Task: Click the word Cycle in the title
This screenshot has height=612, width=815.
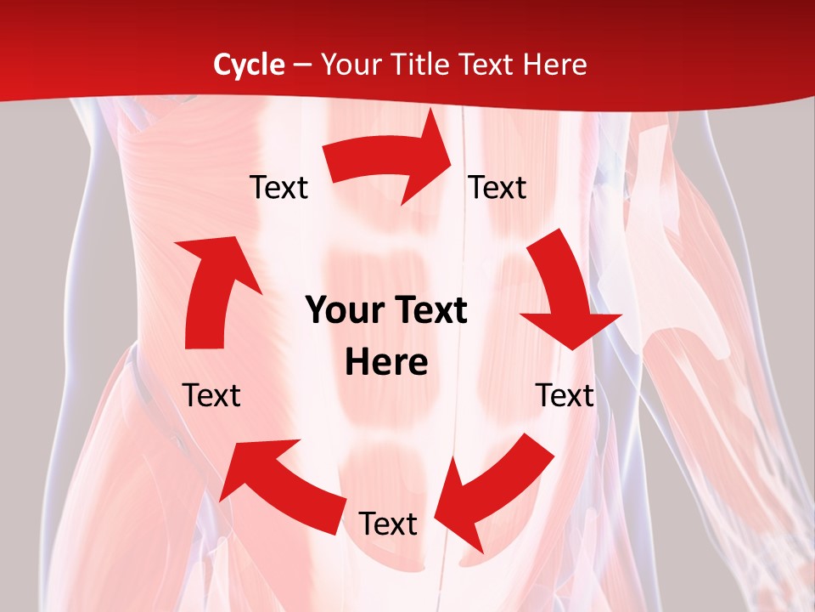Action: pos(249,65)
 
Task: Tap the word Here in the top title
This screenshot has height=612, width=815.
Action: pos(555,65)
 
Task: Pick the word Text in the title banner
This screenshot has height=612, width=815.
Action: pos(491,65)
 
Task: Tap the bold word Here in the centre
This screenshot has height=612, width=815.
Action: pos(386,363)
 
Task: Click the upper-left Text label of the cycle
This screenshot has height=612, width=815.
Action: pos(278,187)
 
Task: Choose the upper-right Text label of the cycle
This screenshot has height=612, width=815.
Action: pos(497,187)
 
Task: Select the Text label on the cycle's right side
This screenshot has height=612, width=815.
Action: pos(565,395)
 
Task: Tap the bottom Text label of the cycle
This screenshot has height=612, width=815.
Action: pos(388,524)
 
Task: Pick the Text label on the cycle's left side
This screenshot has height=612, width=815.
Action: pos(211,395)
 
